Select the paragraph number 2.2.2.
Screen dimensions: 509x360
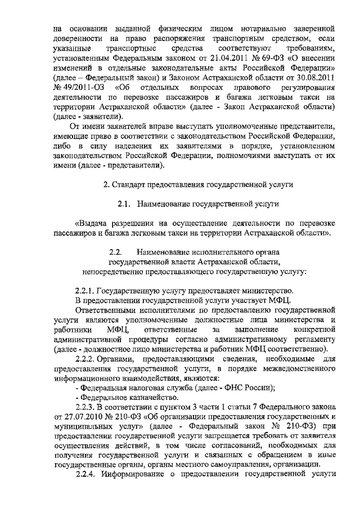[x=85, y=359]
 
